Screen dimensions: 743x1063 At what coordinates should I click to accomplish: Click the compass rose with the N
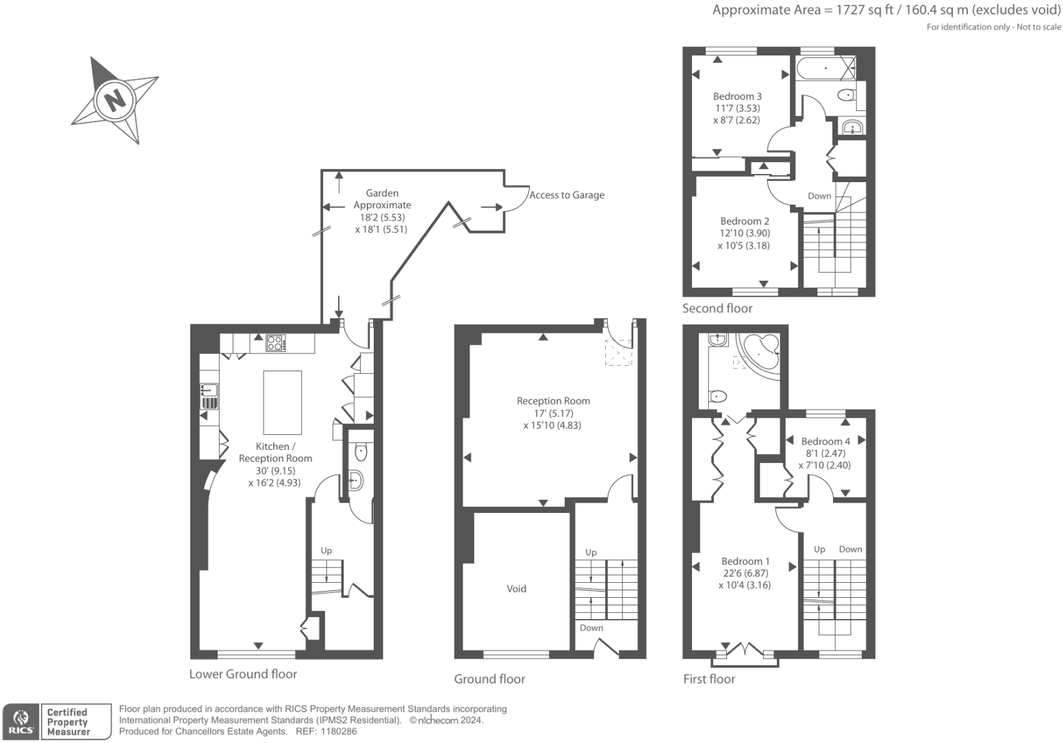tap(115, 100)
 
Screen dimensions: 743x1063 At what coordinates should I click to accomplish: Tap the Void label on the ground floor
tap(516, 588)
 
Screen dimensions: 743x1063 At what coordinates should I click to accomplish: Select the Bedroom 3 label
tap(737, 97)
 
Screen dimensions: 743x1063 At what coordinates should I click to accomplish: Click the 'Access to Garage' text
tap(567, 195)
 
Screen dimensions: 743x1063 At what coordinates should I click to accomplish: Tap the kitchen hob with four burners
tap(275, 342)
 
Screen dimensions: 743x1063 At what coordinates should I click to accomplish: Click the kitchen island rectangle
tap(282, 402)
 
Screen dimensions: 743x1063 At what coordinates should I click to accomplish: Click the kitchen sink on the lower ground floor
tap(209, 391)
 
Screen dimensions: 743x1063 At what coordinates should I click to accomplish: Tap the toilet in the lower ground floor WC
tap(361, 452)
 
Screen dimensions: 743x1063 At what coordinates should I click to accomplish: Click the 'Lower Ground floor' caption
tap(243, 674)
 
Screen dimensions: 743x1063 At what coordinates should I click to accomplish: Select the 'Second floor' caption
tap(717, 308)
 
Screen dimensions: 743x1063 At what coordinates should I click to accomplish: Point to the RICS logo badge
tap(21, 721)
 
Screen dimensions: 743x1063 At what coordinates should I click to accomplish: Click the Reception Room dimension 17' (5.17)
tap(553, 413)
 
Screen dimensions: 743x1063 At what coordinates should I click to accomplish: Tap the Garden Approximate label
tap(382, 199)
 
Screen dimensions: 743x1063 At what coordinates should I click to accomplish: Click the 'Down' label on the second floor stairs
tap(819, 196)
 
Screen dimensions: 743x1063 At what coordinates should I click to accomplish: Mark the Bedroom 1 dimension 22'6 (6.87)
tap(745, 573)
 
